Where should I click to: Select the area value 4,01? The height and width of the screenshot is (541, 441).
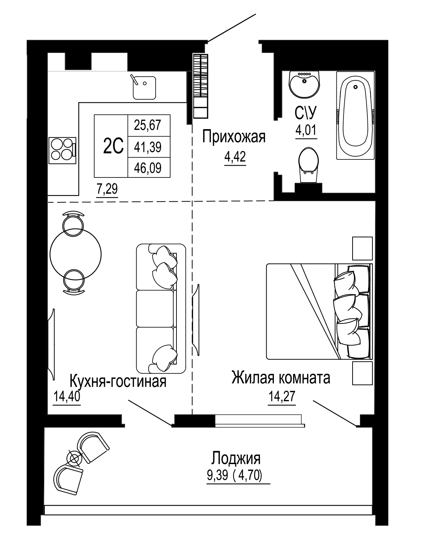pos(306,131)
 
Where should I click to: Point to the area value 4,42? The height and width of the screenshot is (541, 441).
pos(235,157)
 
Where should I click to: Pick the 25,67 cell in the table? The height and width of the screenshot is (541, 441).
pos(148,125)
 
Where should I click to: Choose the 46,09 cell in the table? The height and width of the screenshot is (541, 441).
pos(148,168)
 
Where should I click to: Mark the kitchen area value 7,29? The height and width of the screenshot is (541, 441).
pos(107,189)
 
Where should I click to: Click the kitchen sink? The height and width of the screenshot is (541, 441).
pos(144,88)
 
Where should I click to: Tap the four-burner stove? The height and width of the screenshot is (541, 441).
pos(62,150)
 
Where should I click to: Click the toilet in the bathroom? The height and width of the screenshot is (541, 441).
pos(308,164)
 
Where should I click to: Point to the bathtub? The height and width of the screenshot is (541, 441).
pos(355,115)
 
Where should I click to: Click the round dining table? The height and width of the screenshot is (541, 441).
pos(75,254)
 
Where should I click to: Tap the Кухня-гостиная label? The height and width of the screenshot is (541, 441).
pos(118,381)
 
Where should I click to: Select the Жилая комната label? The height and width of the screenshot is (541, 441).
pos(281,378)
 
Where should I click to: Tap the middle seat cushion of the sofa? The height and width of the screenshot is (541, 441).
pos(155,308)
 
